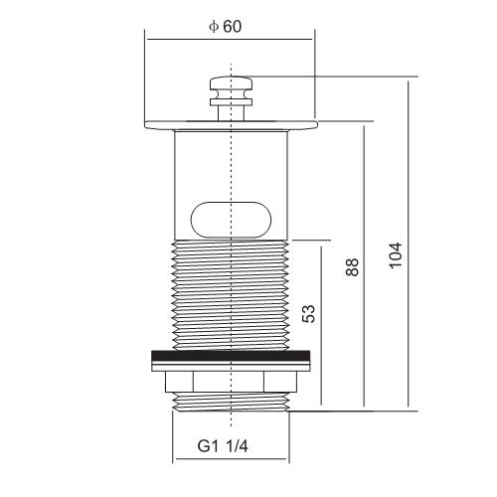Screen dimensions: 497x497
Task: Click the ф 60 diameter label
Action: (226, 27)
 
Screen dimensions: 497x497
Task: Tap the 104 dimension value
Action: (396, 255)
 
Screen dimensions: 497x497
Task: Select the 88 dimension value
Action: (352, 267)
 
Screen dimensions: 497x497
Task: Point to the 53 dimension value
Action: (308, 313)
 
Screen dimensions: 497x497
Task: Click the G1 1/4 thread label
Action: (223, 446)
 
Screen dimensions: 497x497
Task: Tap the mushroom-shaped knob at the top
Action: (231, 91)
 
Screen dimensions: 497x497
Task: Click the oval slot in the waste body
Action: (231, 220)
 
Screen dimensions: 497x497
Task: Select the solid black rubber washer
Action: (231, 356)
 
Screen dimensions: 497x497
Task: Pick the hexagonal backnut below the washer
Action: (231, 382)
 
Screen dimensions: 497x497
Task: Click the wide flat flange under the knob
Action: (231, 125)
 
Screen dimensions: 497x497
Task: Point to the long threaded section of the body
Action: (231, 295)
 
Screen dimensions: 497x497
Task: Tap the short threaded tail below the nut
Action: (231, 403)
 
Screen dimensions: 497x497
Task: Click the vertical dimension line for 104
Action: (409, 244)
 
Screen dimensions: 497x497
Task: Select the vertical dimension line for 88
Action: (364, 266)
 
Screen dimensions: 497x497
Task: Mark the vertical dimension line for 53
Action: (321, 325)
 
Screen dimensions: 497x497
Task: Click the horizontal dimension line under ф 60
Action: (230, 39)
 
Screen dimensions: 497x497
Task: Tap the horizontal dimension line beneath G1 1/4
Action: (231, 459)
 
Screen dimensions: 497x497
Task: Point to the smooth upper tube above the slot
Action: (231, 166)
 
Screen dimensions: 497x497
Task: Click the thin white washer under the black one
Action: (231, 366)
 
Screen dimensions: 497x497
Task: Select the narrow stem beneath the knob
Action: (231, 113)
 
